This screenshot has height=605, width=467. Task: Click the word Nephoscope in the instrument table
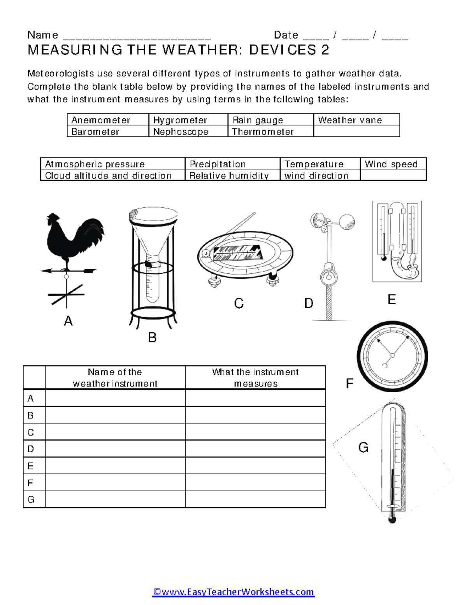pos(181,132)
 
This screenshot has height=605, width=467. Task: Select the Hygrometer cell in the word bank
pos(180,120)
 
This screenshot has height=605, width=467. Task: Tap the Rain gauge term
pos(258,120)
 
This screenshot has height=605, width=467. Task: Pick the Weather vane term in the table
pos(350,120)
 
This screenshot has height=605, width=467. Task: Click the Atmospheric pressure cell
pos(95,164)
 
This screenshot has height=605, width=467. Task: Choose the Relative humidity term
pos(229,176)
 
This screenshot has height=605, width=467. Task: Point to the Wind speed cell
pos(391,164)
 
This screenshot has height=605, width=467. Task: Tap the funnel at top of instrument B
pos(153,230)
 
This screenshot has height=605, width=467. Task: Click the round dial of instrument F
pos(392,356)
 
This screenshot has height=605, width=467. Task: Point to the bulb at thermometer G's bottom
pos(392,519)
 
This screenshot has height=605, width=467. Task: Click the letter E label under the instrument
pos(392,300)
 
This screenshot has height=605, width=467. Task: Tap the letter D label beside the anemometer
pos(309,303)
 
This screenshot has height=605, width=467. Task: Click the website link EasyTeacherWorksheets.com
pos(233,592)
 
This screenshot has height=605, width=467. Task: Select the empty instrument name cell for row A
pos(115,398)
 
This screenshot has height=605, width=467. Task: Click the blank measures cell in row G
pos(255,499)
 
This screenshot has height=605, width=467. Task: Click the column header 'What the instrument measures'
pos(255,377)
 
